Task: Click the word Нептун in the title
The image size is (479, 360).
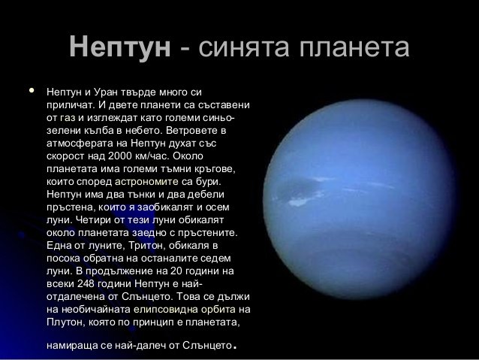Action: pyautogui.click(x=120, y=47)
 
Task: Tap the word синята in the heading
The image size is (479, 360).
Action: pyautogui.click(x=243, y=47)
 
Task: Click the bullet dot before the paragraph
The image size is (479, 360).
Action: pyautogui.click(x=32, y=90)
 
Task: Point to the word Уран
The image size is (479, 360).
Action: pyautogui.click(x=106, y=92)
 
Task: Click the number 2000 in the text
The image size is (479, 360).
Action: pyautogui.click(x=119, y=156)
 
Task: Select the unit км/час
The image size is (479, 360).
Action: pyautogui.click(x=152, y=156)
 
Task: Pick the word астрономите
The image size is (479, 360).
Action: pyautogui.click(x=146, y=182)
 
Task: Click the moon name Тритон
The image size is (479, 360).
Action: pyautogui.click(x=147, y=246)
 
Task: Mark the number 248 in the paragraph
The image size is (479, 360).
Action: pyautogui.click(x=86, y=283)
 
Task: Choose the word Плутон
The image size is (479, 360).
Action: pyautogui.click(x=65, y=322)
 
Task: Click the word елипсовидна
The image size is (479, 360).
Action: pyautogui.click(x=166, y=310)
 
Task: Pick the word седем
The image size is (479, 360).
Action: pyautogui.click(x=215, y=259)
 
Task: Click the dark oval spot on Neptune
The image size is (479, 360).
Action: pyautogui.click(x=298, y=187)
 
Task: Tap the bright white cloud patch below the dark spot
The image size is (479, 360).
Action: pyautogui.click(x=299, y=201)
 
